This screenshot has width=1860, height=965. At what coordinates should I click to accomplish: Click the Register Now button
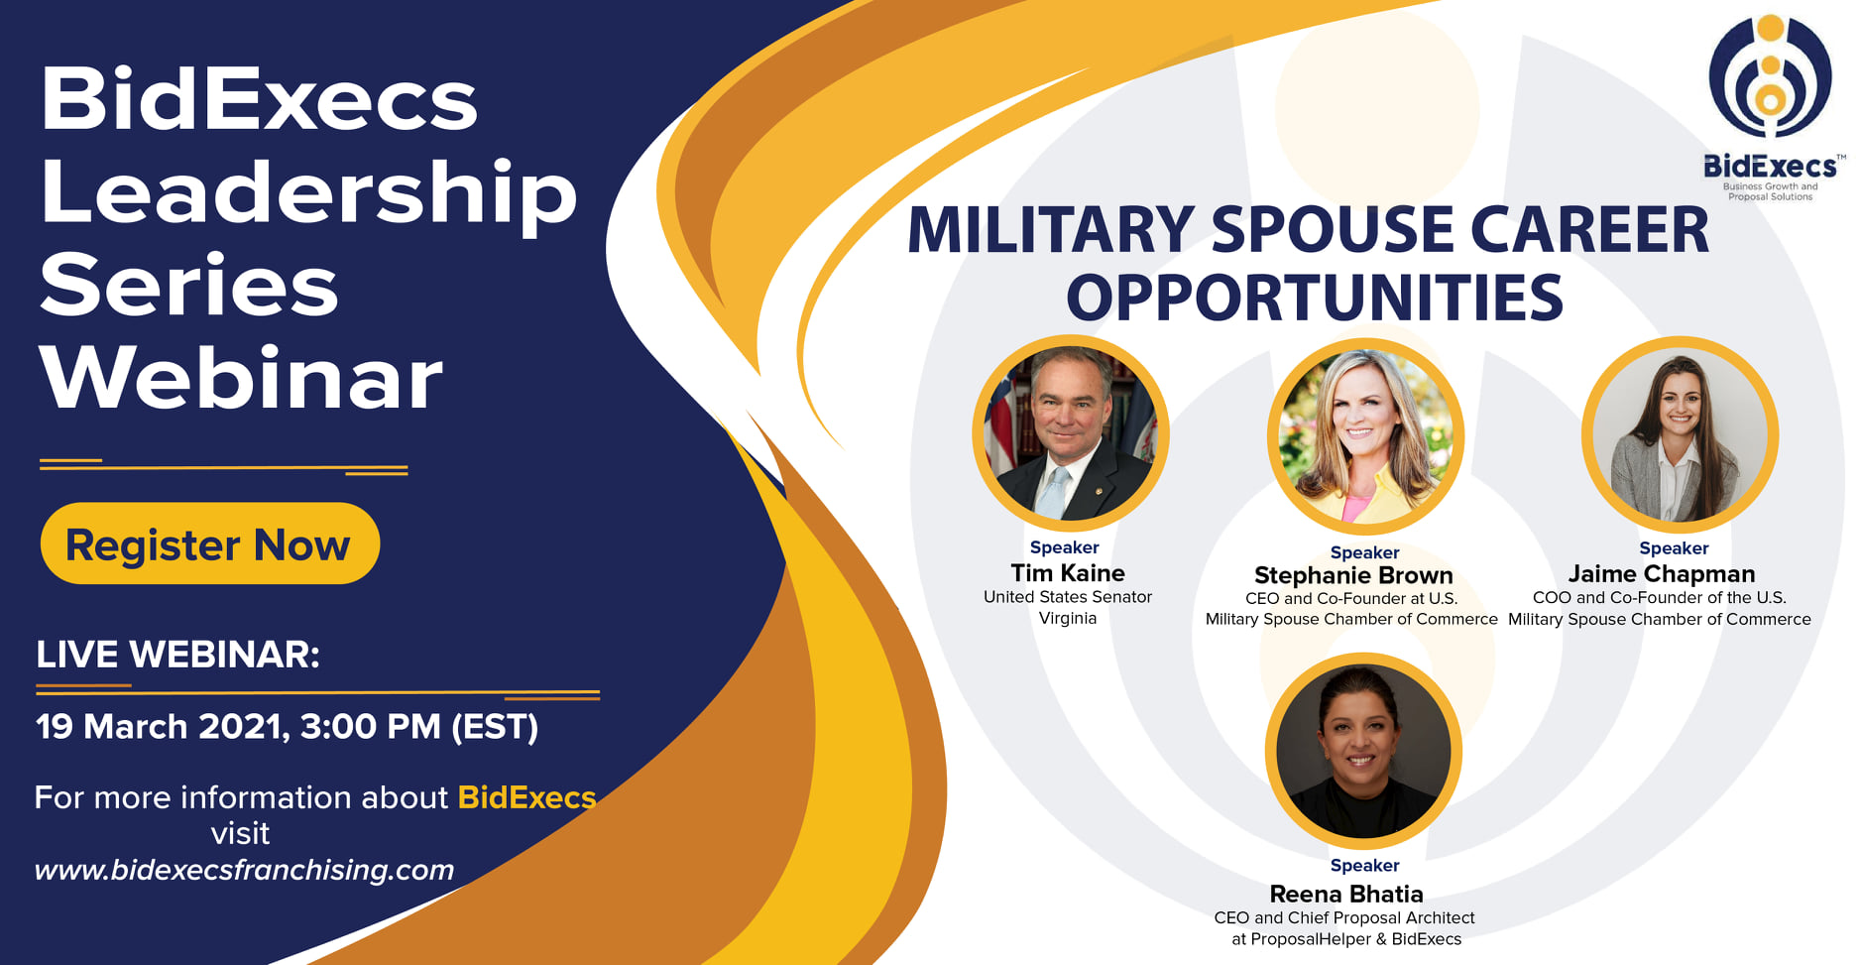[210, 543]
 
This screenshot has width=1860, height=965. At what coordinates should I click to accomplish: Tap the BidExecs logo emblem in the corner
[1770, 75]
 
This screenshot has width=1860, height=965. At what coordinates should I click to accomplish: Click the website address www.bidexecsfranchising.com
[244, 870]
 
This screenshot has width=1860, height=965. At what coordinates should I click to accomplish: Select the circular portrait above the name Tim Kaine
[1071, 432]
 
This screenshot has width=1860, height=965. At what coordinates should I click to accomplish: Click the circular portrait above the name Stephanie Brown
[1365, 435]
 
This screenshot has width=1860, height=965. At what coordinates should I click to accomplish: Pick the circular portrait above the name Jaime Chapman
[1680, 433]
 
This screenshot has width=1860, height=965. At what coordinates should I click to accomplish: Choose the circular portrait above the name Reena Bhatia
[1363, 751]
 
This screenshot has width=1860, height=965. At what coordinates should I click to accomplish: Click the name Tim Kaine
[1068, 573]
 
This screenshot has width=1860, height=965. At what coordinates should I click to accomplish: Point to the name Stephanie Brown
[1353, 576]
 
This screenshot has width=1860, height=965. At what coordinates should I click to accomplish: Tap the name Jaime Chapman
[1662, 574]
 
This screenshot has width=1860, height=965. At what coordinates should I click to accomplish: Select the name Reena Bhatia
[1346, 895]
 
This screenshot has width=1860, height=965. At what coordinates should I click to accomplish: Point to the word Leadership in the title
[308, 193]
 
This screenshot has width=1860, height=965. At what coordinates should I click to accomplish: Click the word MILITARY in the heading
[1050, 230]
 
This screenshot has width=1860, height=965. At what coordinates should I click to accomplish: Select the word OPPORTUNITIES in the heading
[1315, 298]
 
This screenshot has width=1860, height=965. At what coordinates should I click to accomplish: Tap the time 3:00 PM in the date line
[370, 727]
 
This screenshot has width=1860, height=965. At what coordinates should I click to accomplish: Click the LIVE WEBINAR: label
[178, 655]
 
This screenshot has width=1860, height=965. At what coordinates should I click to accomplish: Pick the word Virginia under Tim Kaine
[1068, 618]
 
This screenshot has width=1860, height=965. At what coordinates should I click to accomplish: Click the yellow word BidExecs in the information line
[526, 797]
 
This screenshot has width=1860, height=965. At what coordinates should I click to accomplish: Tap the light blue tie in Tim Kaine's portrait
[1053, 490]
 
